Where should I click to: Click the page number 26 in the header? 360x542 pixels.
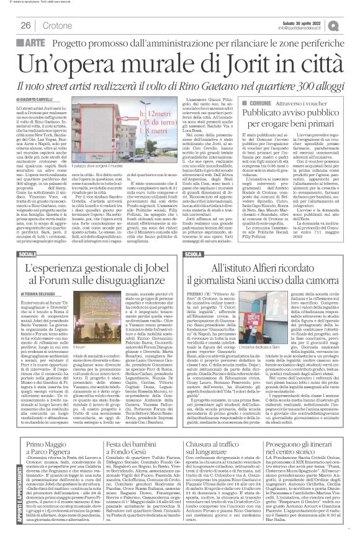click(x=27, y=25)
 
